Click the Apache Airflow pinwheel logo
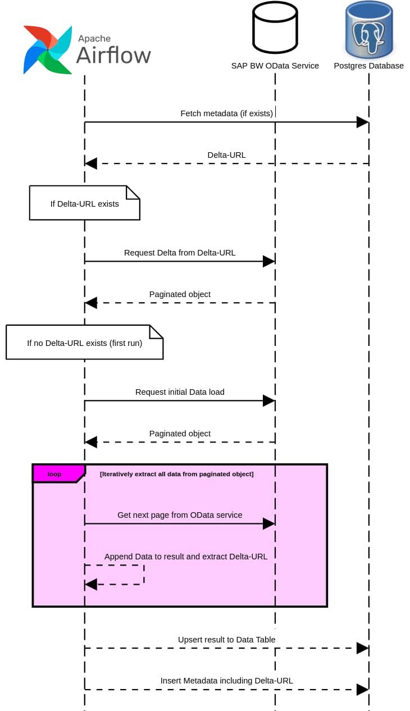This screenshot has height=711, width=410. click(x=48, y=49)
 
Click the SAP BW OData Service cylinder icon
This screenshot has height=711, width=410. click(x=275, y=28)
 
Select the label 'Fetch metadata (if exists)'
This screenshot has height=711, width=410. click(x=226, y=113)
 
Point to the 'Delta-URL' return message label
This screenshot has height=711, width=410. click(x=226, y=155)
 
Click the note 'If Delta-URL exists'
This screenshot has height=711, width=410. click(x=84, y=203)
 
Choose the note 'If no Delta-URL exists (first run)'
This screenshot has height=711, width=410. click(x=84, y=343)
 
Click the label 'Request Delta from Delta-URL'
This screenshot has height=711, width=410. click(x=180, y=253)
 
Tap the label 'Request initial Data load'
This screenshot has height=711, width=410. click(x=180, y=392)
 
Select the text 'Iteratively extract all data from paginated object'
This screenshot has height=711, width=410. click(x=176, y=474)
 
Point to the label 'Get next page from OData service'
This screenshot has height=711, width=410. click(x=180, y=515)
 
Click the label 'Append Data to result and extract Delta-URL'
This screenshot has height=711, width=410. click(x=186, y=557)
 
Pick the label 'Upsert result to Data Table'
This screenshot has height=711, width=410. click(x=226, y=640)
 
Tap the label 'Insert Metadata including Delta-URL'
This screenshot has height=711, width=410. click(x=226, y=681)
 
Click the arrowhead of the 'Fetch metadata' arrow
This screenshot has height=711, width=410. click(x=363, y=122)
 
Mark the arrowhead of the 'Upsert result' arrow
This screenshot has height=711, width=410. click(x=363, y=648)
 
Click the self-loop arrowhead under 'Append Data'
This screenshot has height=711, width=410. click(x=91, y=585)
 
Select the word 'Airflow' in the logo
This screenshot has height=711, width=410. click(x=113, y=55)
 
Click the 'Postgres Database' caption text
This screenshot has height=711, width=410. click(x=368, y=66)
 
